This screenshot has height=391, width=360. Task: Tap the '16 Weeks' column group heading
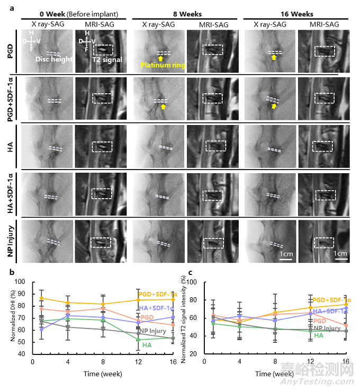click(x=297, y=14)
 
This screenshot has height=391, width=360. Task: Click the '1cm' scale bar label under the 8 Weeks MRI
click(x=286, y=253)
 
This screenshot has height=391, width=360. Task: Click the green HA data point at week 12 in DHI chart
click(x=139, y=340)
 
